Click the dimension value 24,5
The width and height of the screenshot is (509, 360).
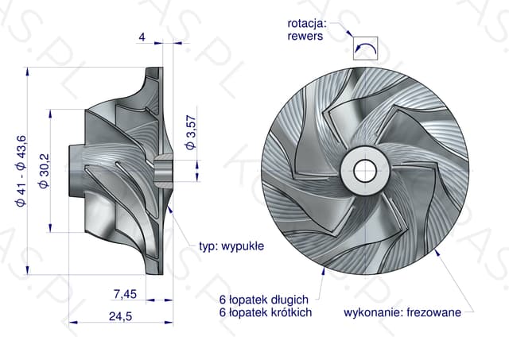pos(120,316)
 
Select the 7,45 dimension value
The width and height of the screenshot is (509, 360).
pos(125,294)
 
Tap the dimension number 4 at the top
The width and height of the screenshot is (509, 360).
pos(142,37)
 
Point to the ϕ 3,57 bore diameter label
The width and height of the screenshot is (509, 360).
pos(191,133)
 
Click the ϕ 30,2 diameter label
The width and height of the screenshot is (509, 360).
pos(44,171)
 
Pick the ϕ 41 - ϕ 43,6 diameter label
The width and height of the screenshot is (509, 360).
pos(21,171)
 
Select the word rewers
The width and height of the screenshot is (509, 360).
pos(305,36)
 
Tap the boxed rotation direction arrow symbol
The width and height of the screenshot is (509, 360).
pos(366,48)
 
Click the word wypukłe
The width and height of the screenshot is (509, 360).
pos(243,246)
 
